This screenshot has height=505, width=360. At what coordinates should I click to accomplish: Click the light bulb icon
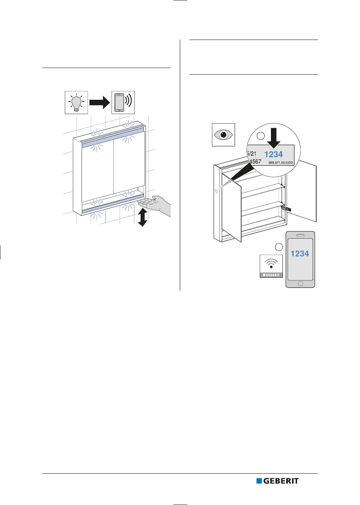click(76, 101)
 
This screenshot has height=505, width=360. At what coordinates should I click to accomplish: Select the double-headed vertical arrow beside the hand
click(143, 218)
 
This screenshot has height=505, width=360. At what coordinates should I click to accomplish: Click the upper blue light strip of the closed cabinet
click(113, 139)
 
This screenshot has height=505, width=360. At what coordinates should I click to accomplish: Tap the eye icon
click(223, 134)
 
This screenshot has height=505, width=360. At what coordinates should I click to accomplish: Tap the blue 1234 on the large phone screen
click(300, 254)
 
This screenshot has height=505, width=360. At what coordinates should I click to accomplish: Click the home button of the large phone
click(300, 284)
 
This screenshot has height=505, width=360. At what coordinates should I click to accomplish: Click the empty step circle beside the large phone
click(278, 247)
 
